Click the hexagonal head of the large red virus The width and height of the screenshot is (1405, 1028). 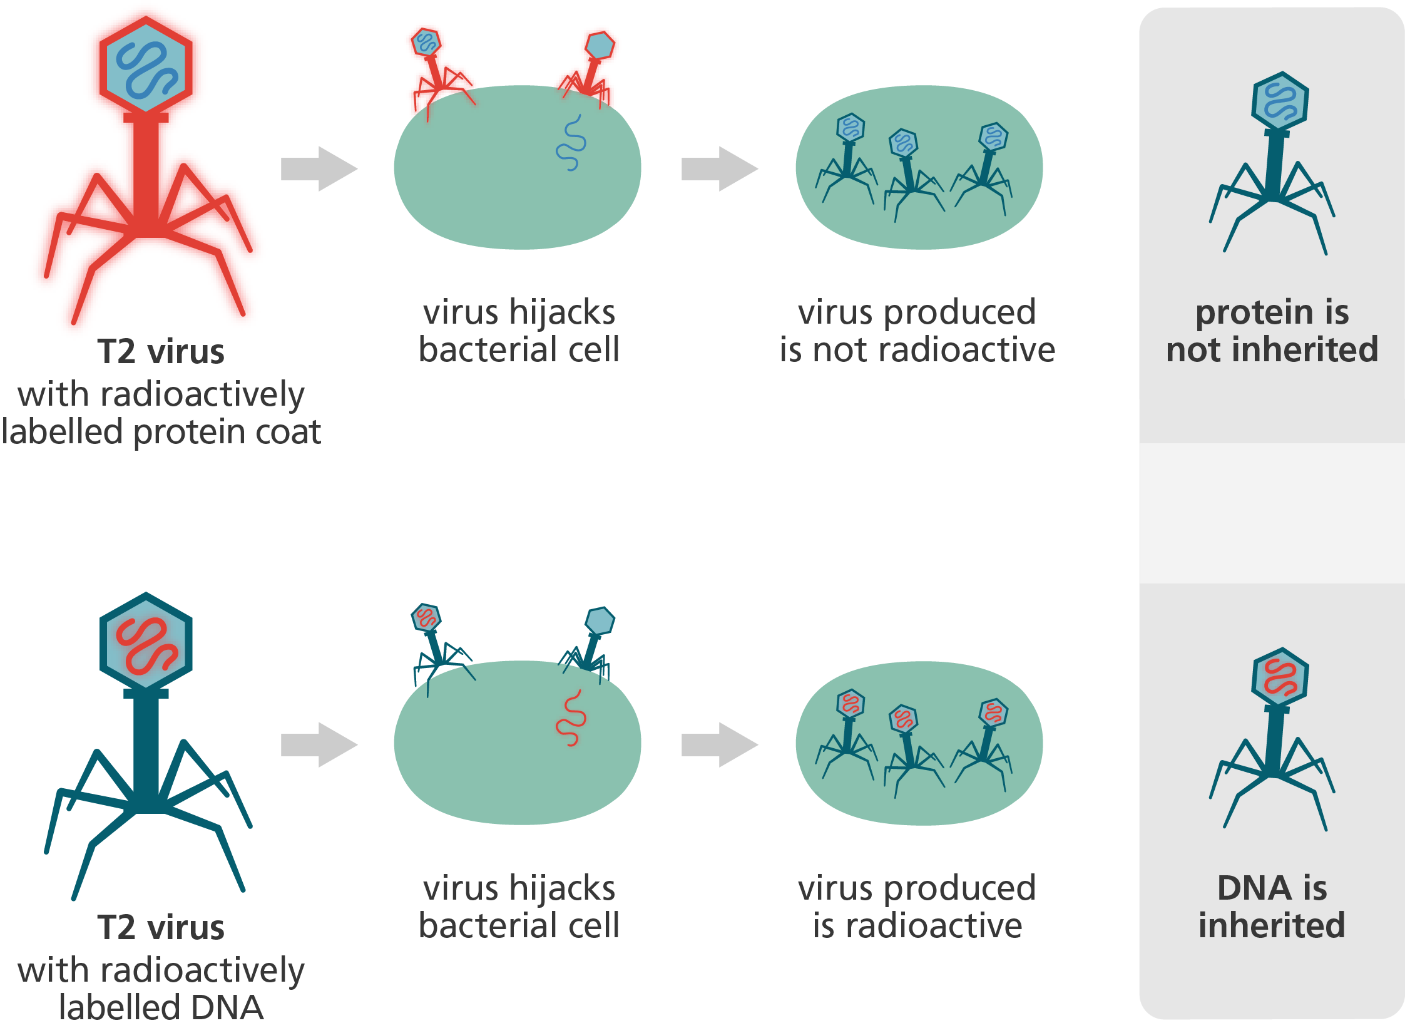(x=146, y=68)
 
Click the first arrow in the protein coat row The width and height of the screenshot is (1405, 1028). (x=318, y=168)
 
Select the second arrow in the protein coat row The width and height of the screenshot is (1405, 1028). (x=718, y=168)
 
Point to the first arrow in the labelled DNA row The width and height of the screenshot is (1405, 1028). (x=318, y=744)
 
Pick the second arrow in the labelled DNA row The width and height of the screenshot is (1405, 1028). (x=718, y=744)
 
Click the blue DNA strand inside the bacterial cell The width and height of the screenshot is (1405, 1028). (x=571, y=143)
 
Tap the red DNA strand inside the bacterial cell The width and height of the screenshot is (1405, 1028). (x=571, y=719)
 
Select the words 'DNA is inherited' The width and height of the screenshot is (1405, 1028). (x=1272, y=907)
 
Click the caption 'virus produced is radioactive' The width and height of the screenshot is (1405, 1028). (x=917, y=907)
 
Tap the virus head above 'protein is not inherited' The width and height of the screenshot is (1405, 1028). (x=1280, y=101)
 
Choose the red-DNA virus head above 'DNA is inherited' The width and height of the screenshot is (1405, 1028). (x=1280, y=677)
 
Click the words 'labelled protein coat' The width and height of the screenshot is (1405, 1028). (x=161, y=432)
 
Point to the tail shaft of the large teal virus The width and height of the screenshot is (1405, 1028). (x=146, y=751)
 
